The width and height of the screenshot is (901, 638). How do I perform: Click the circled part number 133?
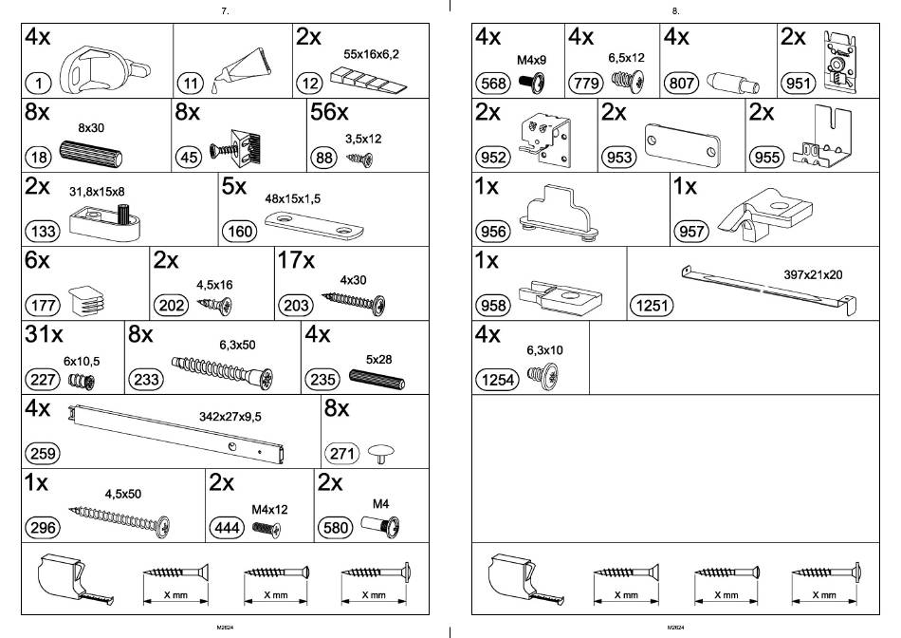[x=43, y=232]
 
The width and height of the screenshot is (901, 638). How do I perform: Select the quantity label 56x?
[x=330, y=113]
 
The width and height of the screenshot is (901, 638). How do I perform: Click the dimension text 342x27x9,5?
[x=230, y=416]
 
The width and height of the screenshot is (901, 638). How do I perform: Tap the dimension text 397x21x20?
[x=813, y=274]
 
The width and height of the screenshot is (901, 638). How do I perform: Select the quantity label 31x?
[x=44, y=334]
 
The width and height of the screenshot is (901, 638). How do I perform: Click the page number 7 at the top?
[x=224, y=10]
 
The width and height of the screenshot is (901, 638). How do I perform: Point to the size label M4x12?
[x=269, y=509]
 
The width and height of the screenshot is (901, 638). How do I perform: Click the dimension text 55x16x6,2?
[x=372, y=54]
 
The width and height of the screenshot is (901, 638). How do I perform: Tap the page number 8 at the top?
[x=674, y=10]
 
